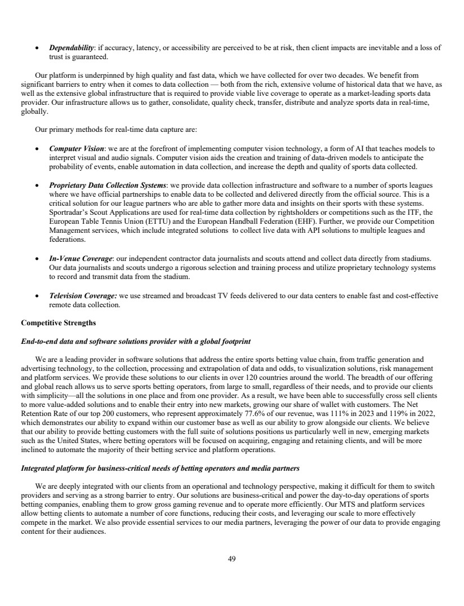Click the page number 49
232,559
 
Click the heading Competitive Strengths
58,324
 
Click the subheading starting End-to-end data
136,342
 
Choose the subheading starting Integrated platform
160,468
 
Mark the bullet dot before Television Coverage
37,296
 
